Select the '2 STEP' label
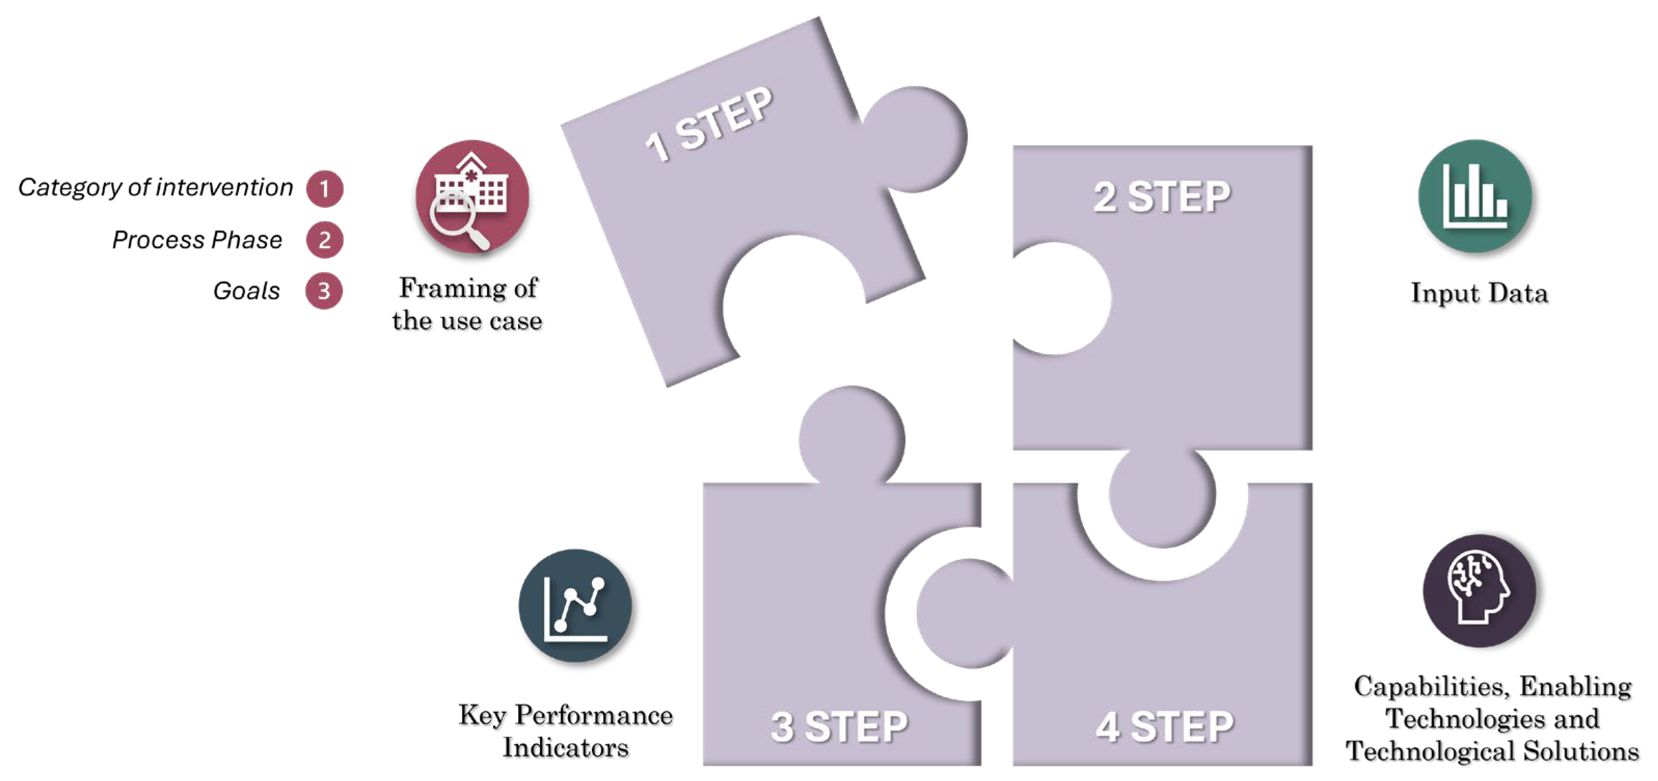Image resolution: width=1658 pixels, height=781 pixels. [1162, 196]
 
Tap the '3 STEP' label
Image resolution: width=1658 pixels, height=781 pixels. [839, 726]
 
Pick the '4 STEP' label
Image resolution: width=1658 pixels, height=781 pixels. [1165, 726]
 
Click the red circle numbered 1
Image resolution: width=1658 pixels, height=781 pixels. [325, 189]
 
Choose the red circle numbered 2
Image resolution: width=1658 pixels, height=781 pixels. [325, 240]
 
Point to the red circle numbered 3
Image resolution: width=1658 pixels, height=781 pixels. [323, 291]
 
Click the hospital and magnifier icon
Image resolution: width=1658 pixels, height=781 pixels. [472, 197]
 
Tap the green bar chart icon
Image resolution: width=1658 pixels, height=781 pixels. [1475, 196]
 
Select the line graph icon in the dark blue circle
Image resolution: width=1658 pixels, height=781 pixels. [575, 605]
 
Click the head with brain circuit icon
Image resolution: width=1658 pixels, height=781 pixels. [1479, 590]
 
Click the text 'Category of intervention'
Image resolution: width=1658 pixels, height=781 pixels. [156, 188]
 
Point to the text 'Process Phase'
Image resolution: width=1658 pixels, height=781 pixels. [197, 240]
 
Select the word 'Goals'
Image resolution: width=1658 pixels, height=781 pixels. [247, 291]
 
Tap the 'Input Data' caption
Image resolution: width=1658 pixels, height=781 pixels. [1479, 293]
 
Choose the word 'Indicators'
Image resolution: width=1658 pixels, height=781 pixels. [565, 748]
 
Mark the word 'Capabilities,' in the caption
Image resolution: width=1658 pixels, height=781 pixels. [1431, 686]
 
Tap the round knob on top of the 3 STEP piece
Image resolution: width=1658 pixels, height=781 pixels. [852, 437]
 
